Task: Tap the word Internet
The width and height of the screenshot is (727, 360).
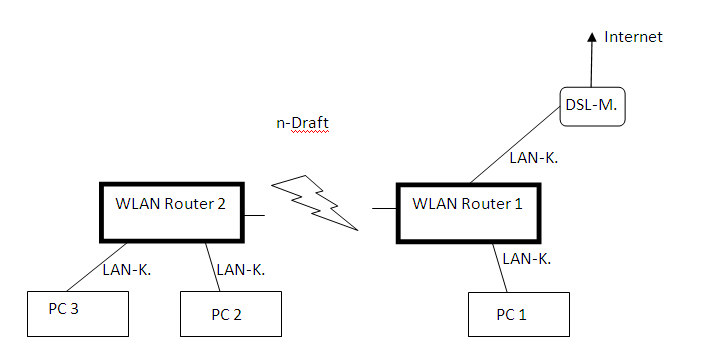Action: click(x=633, y=37)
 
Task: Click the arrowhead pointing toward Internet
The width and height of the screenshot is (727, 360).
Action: click(x=592, y=38)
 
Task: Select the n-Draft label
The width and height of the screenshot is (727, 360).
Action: click(x=302, y=123)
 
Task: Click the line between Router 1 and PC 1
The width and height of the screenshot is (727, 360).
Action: click(x=500, y=268)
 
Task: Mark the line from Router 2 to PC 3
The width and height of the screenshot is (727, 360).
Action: click(x=97, y=267)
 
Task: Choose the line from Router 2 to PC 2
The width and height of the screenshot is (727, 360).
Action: click(x=213, y=267)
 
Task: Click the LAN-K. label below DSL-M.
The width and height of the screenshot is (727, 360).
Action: click(x=534, y=158)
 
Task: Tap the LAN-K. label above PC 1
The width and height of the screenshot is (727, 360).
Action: click(x=527, y=259)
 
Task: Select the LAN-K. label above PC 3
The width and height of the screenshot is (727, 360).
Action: click(x=127, y=270)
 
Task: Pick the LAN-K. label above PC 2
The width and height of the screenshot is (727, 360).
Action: click(x=241, y=270)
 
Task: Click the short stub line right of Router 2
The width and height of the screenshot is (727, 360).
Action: click(x=255, y=215)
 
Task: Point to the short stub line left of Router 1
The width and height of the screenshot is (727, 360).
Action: click(x=384, y=209)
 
